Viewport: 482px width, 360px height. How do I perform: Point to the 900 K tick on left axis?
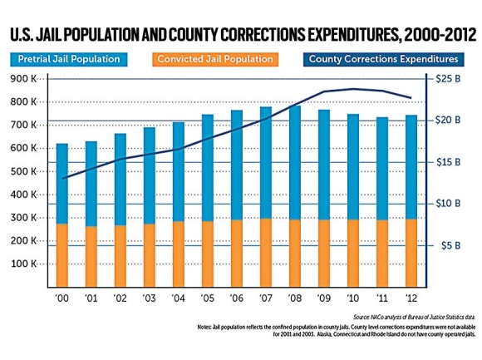coord(31,78)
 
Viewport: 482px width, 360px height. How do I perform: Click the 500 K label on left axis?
coord(31,171)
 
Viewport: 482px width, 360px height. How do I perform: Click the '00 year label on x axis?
coord(62,297)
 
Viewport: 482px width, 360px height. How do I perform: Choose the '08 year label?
coord(295,297)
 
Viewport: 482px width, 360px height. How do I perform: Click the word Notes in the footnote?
coord(207,327)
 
